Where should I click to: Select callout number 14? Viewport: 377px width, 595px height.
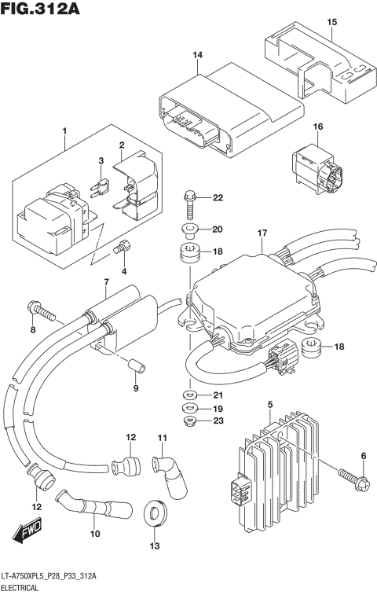(x=197, y=54)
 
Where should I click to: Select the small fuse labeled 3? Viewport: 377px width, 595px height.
(x=101, y=186)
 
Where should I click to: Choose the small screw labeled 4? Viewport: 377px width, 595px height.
(x=120, y=249)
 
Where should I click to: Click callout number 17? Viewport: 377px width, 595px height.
(x=262, y=233)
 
